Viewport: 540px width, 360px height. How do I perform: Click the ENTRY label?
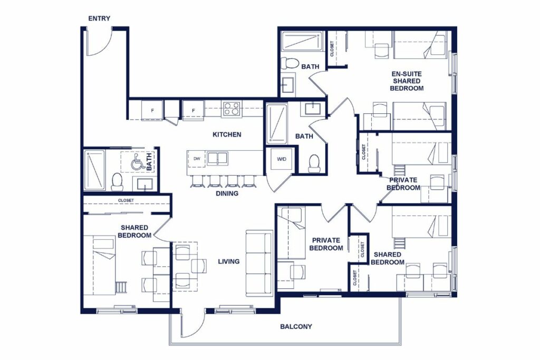pyautogui.click(x=99, y=18)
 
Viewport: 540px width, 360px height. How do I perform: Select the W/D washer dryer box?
pyautogui.click(x=281, y=159)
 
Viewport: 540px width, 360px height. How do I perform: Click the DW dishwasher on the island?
pyautogui.click(x=197, y=158)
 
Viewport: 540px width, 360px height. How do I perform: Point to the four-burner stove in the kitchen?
pyautogui.click(x=232, y=109)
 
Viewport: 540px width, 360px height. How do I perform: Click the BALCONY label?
pyautogui.click(x=296, y=326)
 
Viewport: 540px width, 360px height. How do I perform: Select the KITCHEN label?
pyautogui.click(x=227, y=134)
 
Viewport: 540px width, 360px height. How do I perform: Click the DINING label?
pyautogui.click(x=227, y=193)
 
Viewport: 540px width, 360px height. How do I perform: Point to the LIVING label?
pyautogui.click(x=228, y=261)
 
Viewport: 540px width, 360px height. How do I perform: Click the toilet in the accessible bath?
pyautogui.click(x=117, y=181)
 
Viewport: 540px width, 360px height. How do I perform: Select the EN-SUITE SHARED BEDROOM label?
pyautogui.click(x=407, y=81)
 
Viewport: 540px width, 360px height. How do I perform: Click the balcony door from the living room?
pyautogui.click(x=192, y=324)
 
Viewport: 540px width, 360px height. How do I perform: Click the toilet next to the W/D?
pyautogui.click(x=314, y=164)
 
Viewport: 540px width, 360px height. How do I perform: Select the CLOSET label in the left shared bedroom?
pyautogui.click(x=126, y=200)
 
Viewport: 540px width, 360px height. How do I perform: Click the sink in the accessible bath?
pyautogui.click(x=144, y=183)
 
